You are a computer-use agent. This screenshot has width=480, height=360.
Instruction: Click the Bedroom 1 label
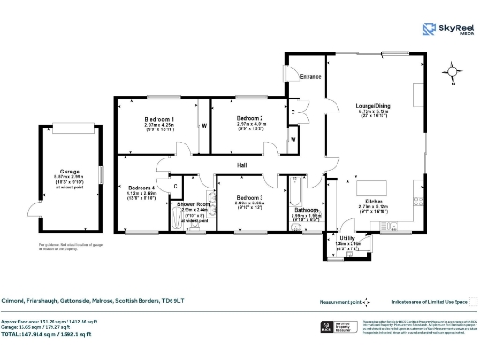tap(159, 120)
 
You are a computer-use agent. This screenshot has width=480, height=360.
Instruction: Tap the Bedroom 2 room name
tap(248, 118)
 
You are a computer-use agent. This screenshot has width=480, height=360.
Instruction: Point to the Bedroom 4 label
tap(141, 187)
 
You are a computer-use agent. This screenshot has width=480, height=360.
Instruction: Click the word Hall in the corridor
tap(242, 165)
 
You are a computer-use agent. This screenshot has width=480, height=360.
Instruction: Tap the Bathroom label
tap(307, 210)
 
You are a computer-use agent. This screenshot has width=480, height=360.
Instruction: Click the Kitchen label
tap(374, 202)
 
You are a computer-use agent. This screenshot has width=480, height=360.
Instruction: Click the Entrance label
tap(310, 77)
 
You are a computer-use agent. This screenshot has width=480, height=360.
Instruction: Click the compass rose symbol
tap(455, 71)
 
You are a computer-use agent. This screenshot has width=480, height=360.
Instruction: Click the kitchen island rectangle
tap(375, 184)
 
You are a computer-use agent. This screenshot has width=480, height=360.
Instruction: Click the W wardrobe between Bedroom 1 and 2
tap(203, 124)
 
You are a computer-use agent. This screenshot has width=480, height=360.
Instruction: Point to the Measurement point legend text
tap(341, 302)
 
